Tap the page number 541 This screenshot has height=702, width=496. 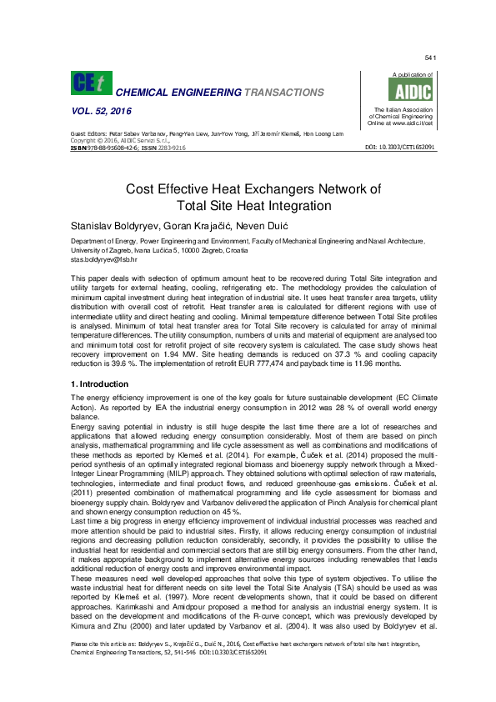coord(430,58)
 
